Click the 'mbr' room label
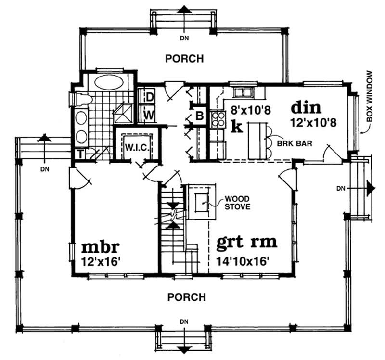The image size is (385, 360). pos(100,248)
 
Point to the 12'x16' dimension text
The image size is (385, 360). pos(100,263)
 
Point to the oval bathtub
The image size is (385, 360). pos(108,81)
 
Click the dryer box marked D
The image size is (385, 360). pos(149,97)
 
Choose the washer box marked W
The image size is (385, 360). pos(149,115)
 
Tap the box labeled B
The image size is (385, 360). pos(199,116)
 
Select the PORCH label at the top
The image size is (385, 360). pos(184,59)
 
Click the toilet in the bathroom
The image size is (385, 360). pos(81,99)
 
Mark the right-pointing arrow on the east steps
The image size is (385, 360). pos(370,188)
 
